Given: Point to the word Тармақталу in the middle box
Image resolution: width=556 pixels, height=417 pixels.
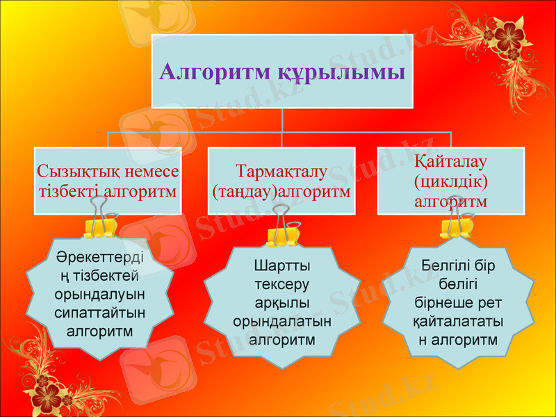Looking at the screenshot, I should point(281,171).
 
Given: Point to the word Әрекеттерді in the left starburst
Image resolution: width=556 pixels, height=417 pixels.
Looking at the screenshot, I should point(100,258).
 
